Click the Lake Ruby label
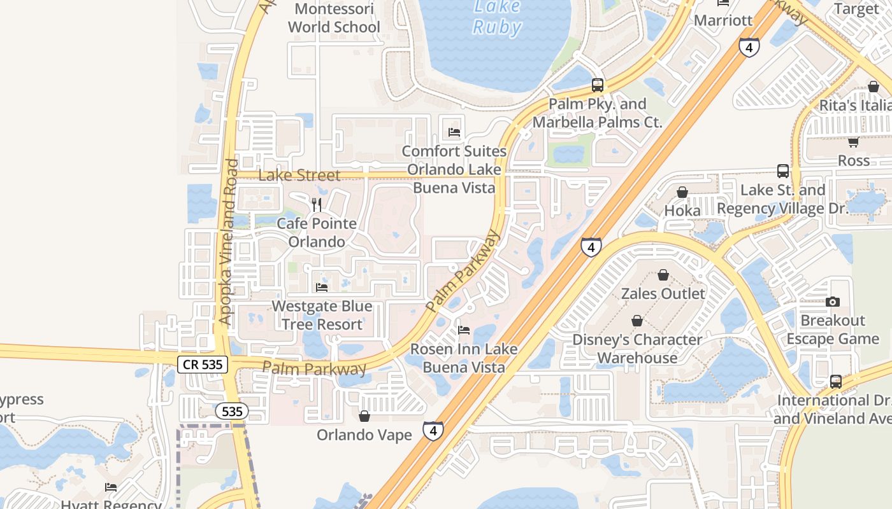[x=497, y=18]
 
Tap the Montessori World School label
[x=334, y=18]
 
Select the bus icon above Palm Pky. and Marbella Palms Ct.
[x=598, y=85]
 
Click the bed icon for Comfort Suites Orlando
[x=454, y=132]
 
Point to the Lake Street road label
[x=299, y=175]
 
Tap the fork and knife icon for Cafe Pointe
[x=317, y=204]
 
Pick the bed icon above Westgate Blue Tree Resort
[x=322, y=287]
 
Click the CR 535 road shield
[x=202, y=365]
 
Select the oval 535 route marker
[x=231, y=412]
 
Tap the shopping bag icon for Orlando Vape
[x=364, y=416]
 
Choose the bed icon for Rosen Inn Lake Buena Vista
[x=464, y=330]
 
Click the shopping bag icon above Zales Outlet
[x=663, y=275]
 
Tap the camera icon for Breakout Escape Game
[x=832, y=302]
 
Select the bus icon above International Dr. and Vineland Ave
[x=836, y=382]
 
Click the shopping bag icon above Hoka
[x=682, y=192]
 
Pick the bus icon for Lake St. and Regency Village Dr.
[x=783, y=171]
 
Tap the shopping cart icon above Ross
[x=853, y=142]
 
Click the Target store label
[x=856, y=9]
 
